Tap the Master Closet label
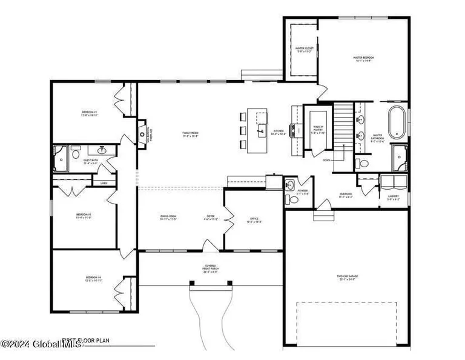tap(303, 50)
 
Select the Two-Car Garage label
tap(348, 278)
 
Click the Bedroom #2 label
tap(90, 113)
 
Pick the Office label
tap(254, 221)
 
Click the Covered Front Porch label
tap(209, 268)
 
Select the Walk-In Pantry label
tap(318, 129)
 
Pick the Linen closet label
tap(104, 182)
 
